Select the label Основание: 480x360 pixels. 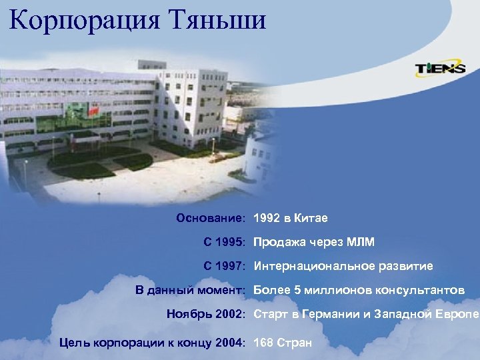[x=212, y=219]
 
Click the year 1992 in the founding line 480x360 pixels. [x=266, y=219]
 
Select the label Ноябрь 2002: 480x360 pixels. [x=207, y=314]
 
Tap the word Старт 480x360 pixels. [x=270, y=314]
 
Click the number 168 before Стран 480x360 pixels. [x=263, y=343]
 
